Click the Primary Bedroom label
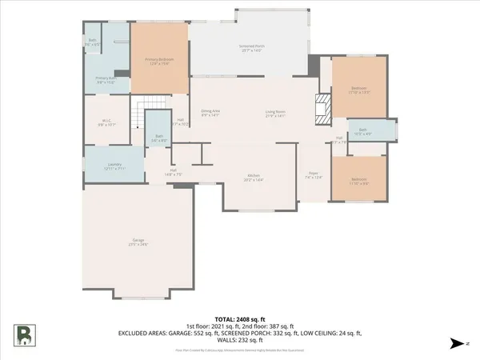[x=161, y=62]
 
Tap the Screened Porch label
[x=251, y=49]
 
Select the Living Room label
[x=276, y=114]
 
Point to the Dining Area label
[x=210, y=114]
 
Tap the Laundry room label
[x=115, y=166]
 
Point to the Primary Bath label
[x=107, y=80]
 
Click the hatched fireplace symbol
[x=322, y=106]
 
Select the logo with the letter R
[x=25, y=334]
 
